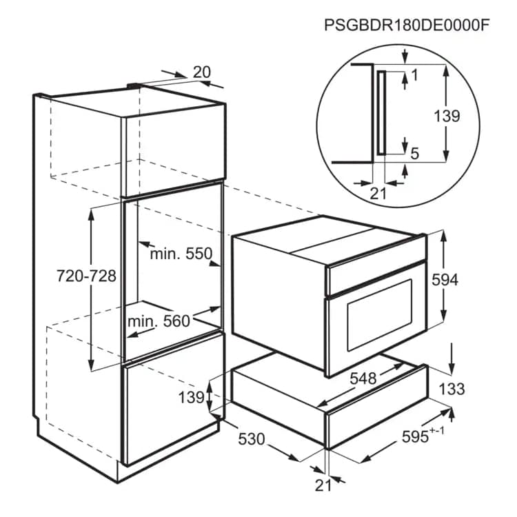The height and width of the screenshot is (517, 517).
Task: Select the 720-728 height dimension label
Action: (86, 276)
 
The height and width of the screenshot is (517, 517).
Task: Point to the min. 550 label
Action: (181, 254)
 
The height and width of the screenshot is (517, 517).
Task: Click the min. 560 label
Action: (159, 321)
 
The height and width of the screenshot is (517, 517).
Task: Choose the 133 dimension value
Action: (452, 389)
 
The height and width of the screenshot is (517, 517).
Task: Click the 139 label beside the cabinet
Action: (191, 397)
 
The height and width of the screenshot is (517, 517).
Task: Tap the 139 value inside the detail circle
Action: (446, 116)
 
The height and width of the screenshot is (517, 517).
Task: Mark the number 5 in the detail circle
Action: (414, 154)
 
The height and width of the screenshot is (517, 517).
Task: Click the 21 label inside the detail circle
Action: (378, 194)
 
